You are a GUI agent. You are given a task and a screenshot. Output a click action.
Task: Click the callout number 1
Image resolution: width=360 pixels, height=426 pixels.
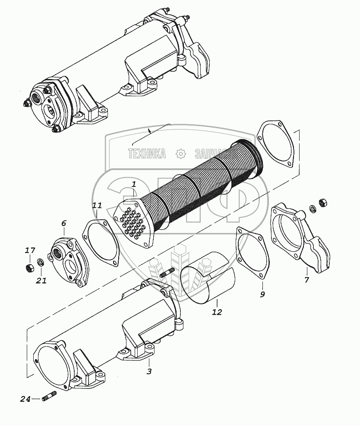(x=134, y=184)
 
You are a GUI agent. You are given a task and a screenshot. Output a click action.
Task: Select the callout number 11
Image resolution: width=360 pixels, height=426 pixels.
(x=97, y=206)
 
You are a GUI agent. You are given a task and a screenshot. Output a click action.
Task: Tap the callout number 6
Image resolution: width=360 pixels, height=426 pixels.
(x=63, y=223)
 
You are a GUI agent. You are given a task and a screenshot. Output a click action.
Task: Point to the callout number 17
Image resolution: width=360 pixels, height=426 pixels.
(x=30, y=250)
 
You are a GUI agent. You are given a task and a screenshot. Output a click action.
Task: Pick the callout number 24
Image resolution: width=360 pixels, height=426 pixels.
(x=25, y=400)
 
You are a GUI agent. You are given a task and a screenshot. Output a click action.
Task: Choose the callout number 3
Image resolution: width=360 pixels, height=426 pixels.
(x=149, y=371)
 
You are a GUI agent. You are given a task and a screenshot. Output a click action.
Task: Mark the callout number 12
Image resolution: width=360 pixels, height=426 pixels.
(x=217, y=312)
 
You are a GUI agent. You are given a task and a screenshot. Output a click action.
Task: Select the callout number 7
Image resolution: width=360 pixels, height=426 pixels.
(x=307, y=280)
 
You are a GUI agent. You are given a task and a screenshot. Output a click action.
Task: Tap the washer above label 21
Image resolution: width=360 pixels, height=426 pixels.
(x=40, y=261)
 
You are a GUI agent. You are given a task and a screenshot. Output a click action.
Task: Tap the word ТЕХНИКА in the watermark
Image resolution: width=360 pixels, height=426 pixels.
(x=147, y=154)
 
